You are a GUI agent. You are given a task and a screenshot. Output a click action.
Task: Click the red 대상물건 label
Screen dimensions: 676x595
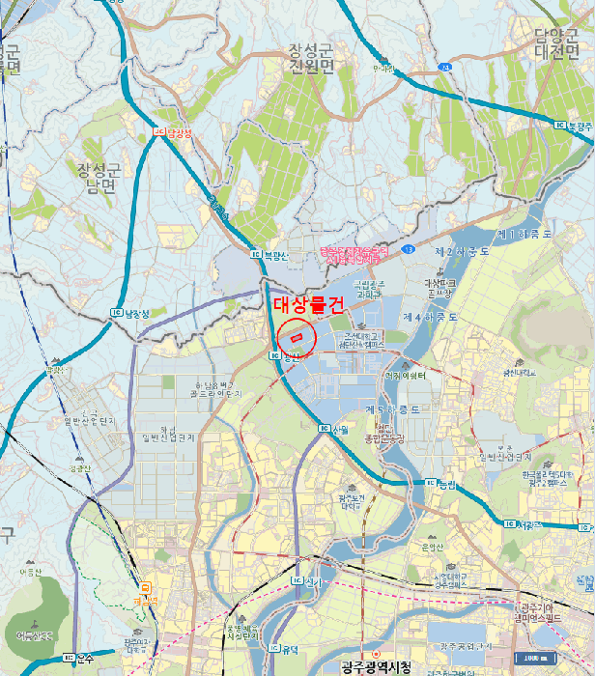(x=302, y=304)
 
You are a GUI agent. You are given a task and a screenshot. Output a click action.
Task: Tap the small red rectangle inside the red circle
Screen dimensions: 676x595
(x=297, y=337)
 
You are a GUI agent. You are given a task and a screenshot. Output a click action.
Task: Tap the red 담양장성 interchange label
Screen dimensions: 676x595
(x=175, y=134)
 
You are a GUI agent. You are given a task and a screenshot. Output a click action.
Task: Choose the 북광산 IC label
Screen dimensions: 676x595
(x=269, y=256)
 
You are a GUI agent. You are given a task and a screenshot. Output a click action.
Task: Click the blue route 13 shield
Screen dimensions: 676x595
(x=410, y=249)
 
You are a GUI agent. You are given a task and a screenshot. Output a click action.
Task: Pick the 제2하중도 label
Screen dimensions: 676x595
(x=463, y=251)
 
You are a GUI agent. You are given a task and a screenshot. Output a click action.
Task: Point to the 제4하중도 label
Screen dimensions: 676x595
(x=429, y=316)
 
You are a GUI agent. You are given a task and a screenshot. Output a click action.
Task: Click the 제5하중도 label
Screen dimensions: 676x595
(x=393, y=410)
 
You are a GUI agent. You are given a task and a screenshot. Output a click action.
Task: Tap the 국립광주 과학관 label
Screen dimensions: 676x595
(x=371, y=287)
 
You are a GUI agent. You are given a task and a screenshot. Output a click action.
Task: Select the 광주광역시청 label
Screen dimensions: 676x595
(x=377, y=667)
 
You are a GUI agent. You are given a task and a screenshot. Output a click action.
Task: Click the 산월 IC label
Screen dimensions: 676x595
(x=333, y=428)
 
